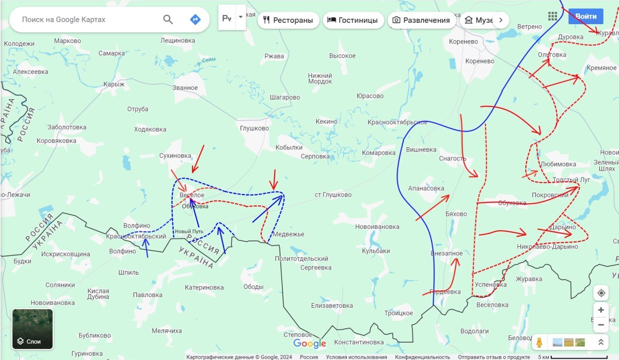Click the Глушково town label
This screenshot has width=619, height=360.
(x=254, y=128)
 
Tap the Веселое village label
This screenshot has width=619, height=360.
(x=192, y=195)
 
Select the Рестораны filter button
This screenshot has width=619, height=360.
(x=288, y=20)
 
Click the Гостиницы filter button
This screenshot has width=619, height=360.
(x=353, y=20)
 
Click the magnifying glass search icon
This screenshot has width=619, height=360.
(x=168, y=19)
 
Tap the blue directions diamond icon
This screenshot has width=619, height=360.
(x=195, y=19)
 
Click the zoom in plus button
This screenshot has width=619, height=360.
(x=601, y=310)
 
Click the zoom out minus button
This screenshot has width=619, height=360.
(x=601, y=325)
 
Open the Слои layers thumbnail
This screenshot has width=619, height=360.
(x=32, y=329)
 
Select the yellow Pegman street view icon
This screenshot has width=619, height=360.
(x=539, y=343)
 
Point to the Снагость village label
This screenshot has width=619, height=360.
(x=453, y=158)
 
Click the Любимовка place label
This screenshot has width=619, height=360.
(x=558, y=164)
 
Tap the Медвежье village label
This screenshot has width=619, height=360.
(x=289, y=234)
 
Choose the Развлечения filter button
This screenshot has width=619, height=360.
(x=421, y=20)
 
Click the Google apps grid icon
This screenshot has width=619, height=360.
(x=553, y=16)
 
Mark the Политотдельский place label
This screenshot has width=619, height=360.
(x=302, y=258)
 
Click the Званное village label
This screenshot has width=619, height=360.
(x=185, y=88)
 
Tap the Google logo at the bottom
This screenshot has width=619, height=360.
(x=309, y=344)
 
